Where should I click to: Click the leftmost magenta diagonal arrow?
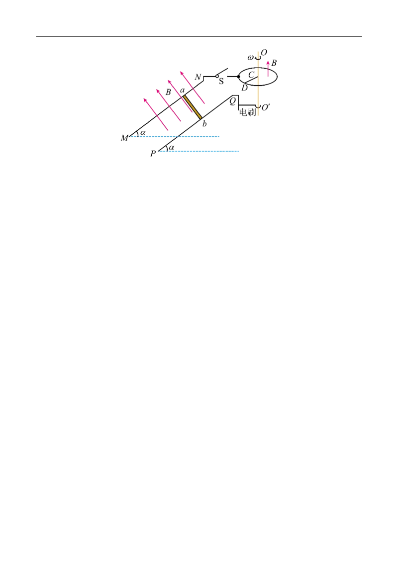tap(157, 115)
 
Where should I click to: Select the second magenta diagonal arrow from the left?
tap(169, 106)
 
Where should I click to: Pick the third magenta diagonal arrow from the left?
tap(180, 96)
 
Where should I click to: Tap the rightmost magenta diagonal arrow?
tap(193, 88)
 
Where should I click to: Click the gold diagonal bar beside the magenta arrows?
tap(193, 107)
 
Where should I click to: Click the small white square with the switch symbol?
tap(222, 74)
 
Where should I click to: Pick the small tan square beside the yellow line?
tap(262, 77)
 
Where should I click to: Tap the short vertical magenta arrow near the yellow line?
tap(268, 69)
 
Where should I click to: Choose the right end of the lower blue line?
tap(241, 151)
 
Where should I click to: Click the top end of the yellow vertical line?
tap(257, 50)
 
